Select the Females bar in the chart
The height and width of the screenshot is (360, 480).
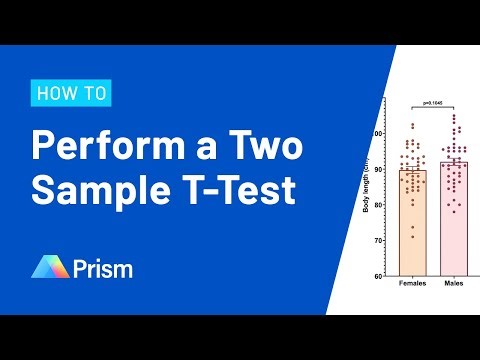412,225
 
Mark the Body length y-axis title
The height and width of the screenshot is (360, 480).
367,180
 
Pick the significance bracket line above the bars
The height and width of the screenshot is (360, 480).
432,107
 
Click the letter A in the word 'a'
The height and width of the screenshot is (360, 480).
181,146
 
